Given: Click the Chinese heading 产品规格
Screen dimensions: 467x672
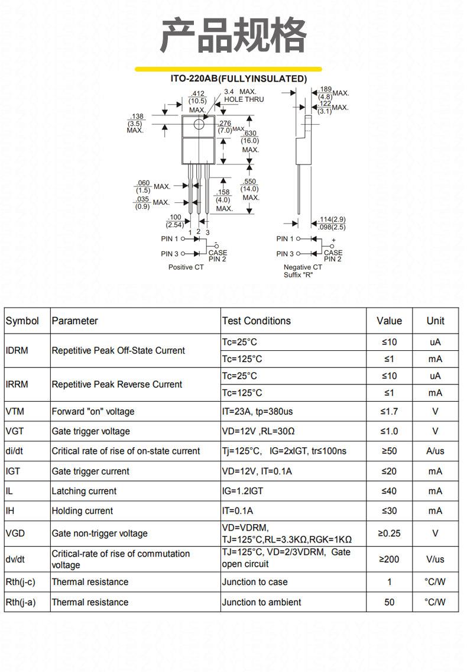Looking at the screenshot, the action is point(234,35).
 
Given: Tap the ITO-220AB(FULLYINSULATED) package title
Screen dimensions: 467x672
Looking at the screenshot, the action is point(239,79).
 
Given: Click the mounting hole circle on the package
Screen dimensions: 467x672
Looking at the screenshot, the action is point(199,124).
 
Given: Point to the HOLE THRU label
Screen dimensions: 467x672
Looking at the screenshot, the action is point(244,99).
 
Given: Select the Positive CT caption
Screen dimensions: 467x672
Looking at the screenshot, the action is point(186,267).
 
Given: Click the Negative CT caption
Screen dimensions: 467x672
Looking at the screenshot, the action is point(303,267).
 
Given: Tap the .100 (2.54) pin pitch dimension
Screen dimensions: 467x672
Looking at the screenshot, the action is point(175,221).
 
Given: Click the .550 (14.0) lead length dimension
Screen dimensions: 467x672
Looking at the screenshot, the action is point(249,185).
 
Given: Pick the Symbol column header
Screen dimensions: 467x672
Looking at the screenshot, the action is point(22,321).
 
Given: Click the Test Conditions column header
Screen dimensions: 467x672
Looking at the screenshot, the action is point(256,321).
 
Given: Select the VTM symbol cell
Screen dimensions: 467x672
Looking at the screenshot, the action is point(15,412).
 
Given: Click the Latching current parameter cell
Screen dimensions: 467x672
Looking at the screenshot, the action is point(84,491).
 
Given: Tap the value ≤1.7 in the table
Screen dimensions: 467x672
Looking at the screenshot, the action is point(389,412).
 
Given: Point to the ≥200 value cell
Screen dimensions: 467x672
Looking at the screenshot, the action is point(389,559).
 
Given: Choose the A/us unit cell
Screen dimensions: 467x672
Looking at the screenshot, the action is point(435,451).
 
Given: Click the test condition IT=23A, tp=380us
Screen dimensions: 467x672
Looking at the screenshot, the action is point(257,412).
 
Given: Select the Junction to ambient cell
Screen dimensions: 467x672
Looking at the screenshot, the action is point(261,602).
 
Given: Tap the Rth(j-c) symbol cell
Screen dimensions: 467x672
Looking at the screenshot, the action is point(20,582).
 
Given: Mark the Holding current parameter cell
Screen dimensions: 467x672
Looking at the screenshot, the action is point(82,511).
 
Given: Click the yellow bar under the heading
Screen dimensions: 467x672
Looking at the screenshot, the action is point(228,69).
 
